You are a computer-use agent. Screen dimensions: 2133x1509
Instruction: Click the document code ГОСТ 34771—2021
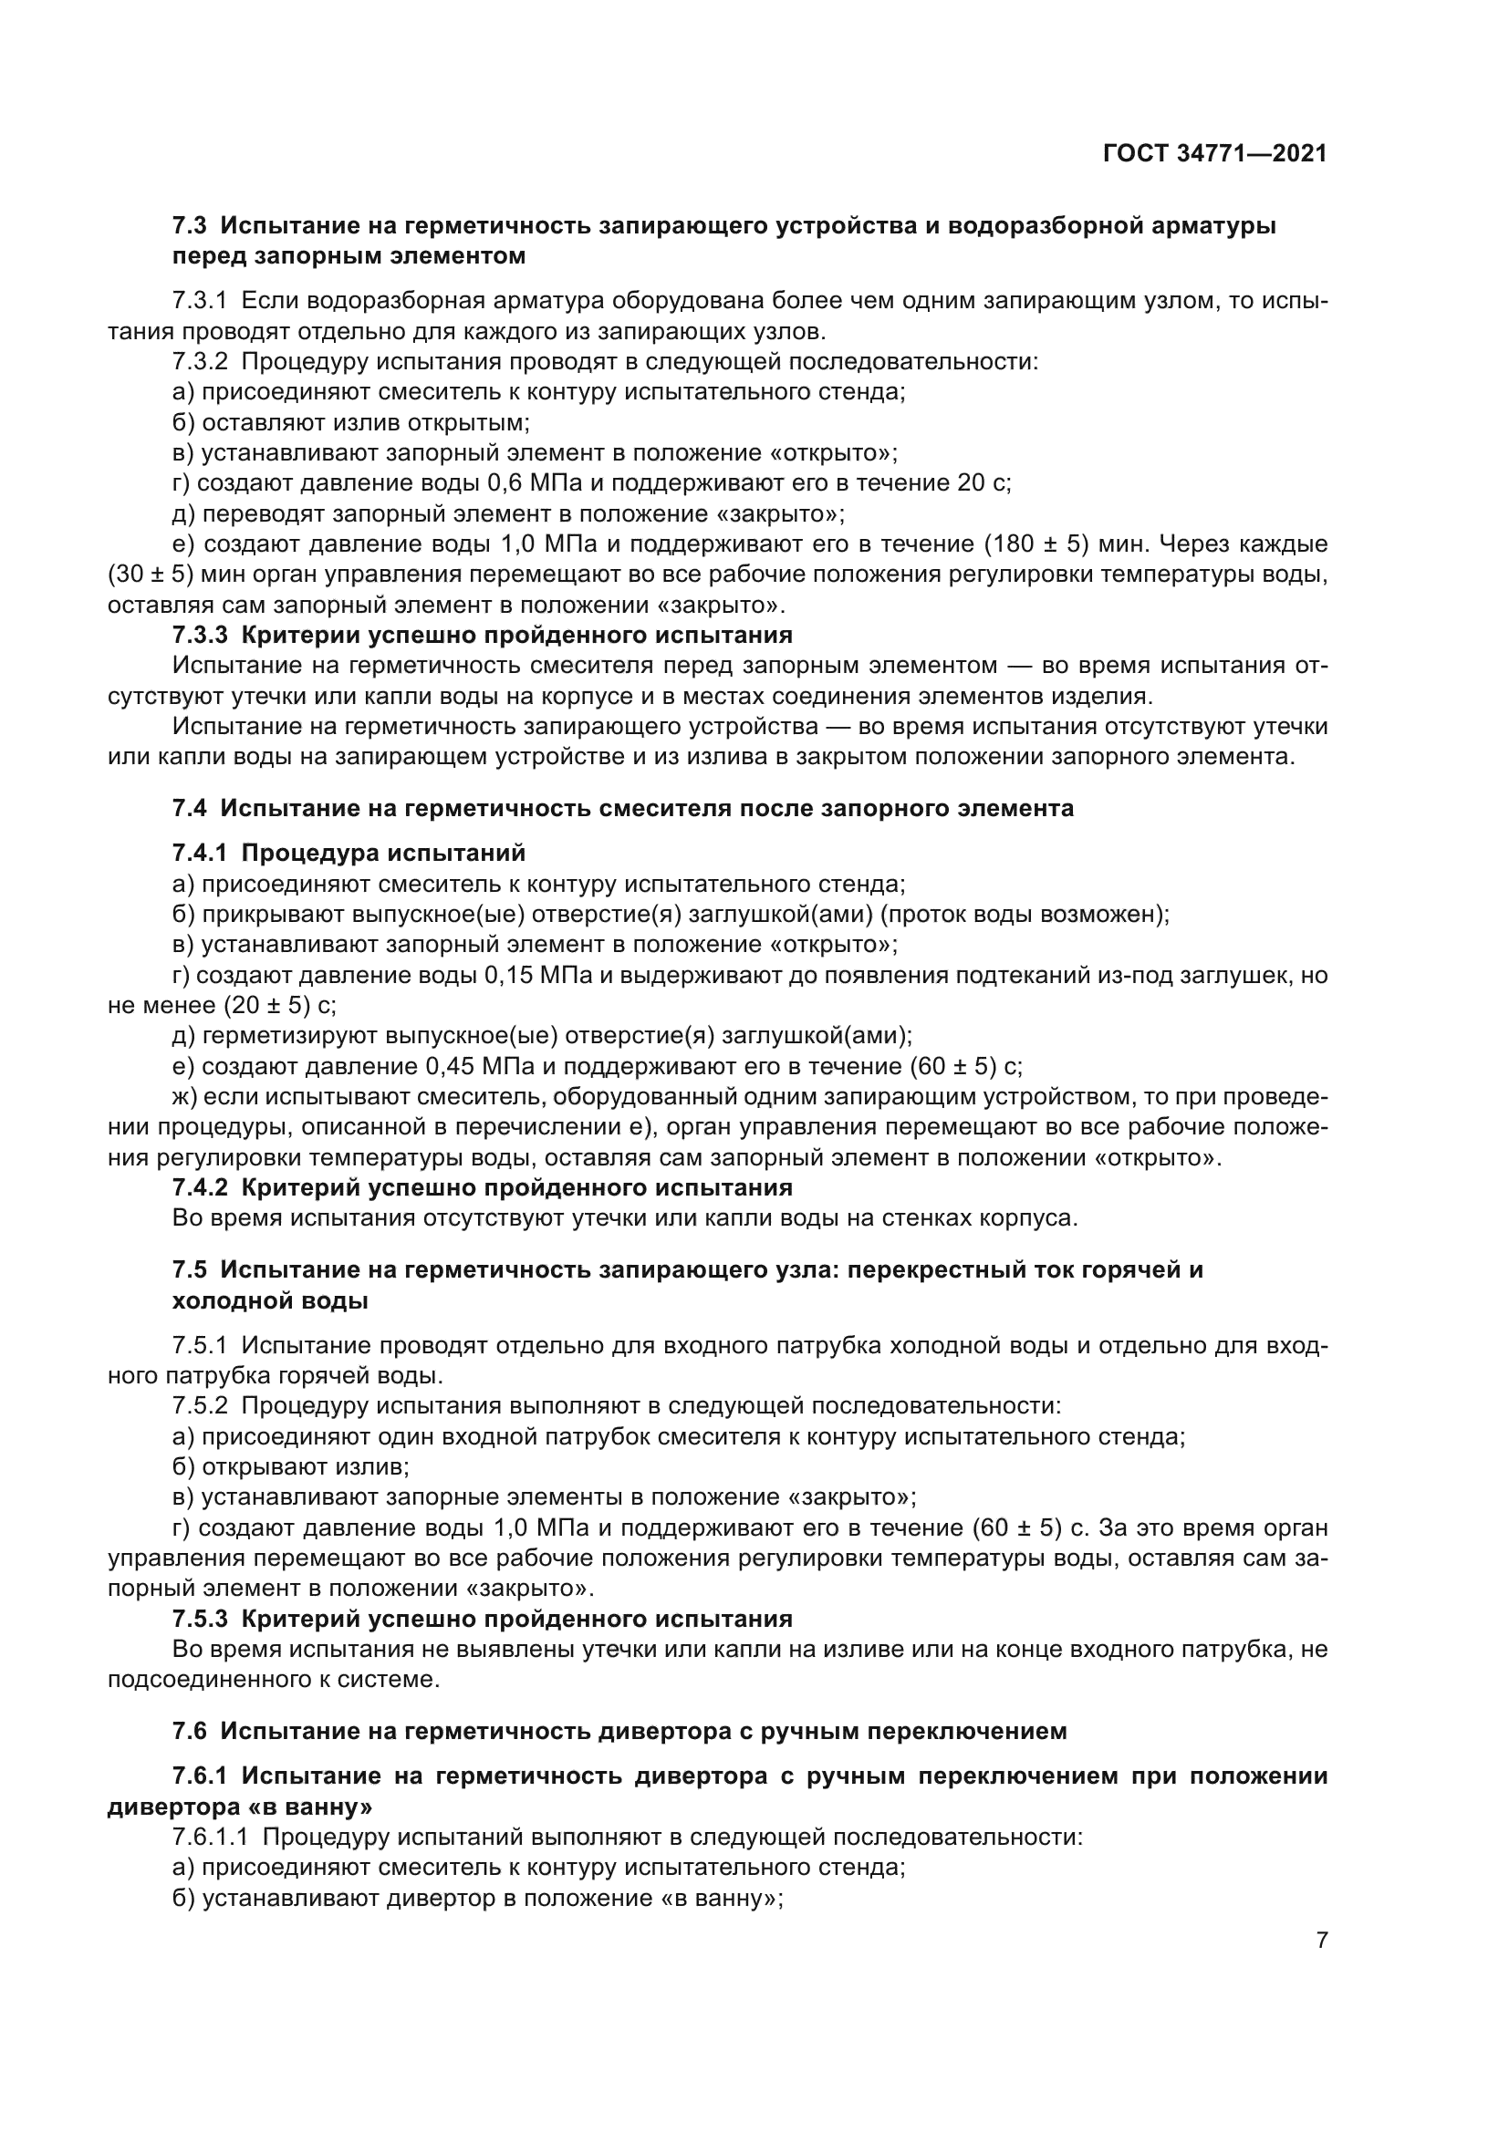point(1214,154)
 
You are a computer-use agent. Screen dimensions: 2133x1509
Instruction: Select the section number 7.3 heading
point(190,226)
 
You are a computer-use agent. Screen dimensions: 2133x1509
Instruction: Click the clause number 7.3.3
point(200,636)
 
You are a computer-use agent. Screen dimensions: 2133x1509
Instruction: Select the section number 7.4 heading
point(190,808)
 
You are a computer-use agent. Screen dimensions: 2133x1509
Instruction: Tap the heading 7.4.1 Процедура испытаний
point(349,853)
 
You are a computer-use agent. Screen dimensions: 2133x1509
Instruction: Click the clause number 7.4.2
point(200,1188)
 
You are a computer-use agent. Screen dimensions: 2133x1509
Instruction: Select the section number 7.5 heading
point(190,1270)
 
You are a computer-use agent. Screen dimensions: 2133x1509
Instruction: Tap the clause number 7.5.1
point(200,1345)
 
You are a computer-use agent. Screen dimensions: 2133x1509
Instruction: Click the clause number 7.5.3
point(200,1620)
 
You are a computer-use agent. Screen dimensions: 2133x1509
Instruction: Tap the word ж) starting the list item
point(184,1097)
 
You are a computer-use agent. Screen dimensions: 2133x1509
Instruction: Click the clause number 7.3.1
point(200,301)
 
